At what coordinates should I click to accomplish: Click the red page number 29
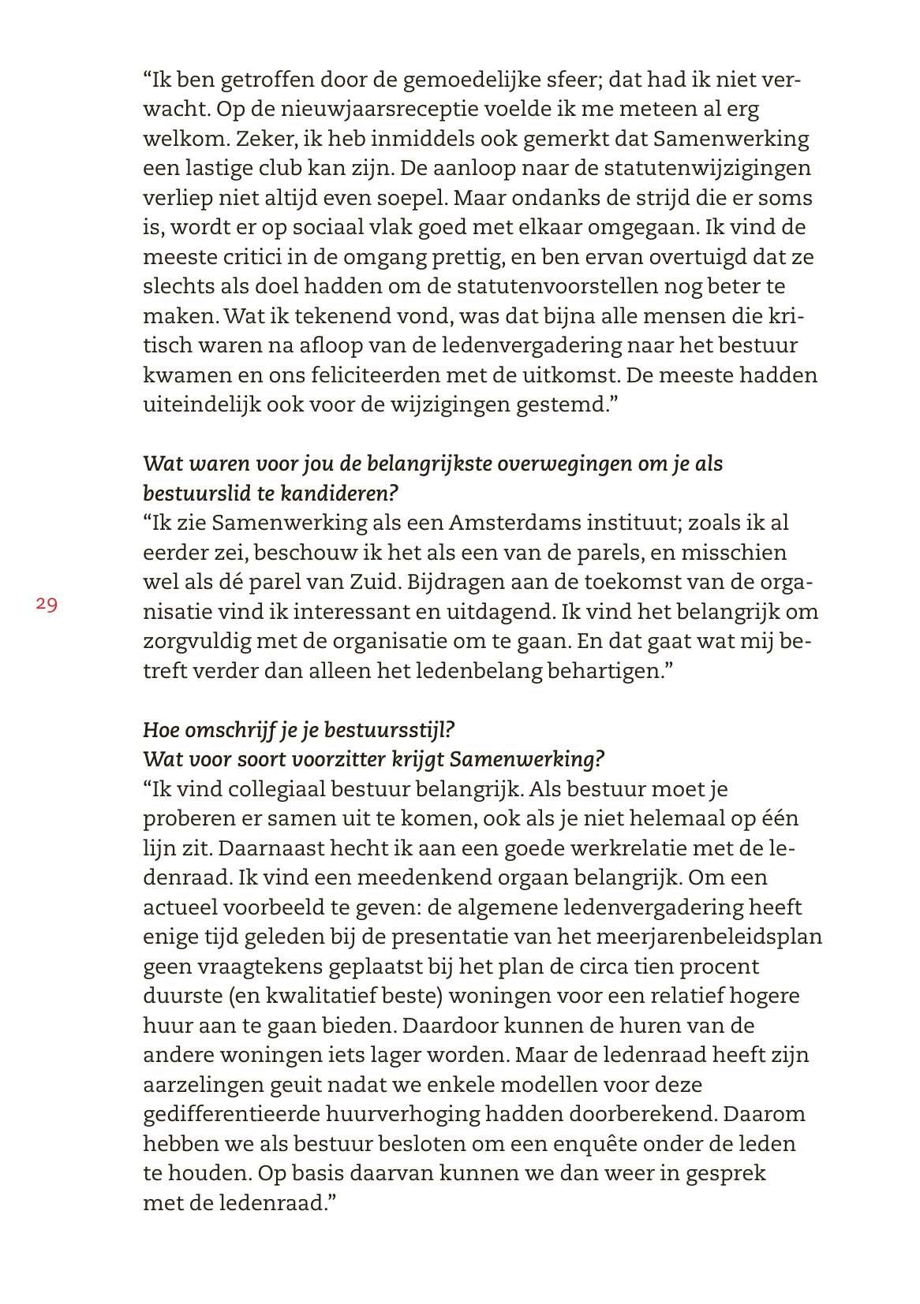pyautogui.click(x=46, y=605)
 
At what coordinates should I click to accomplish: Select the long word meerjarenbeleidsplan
pyautogui.click(x=689, y=937)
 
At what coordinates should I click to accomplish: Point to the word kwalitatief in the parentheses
pyautogui.click(x=320, y=996)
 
